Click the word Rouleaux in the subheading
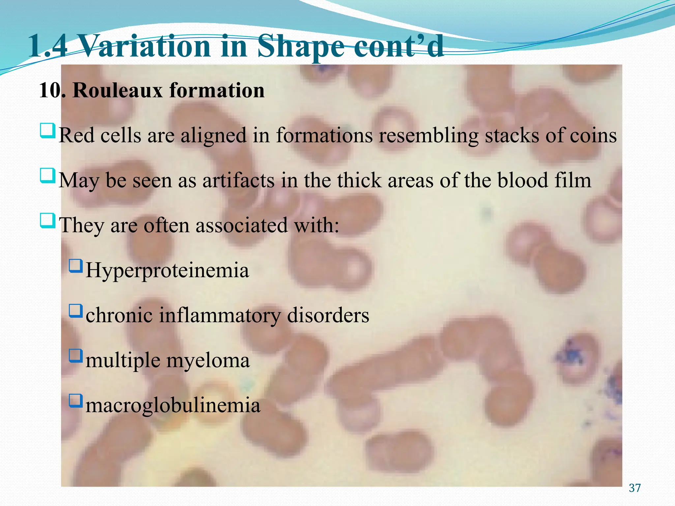tap(118, 90)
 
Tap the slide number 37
tap(635, 488)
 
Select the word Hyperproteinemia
tap(167, 271)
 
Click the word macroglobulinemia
tap(173, 406)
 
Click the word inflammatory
tap(220, 316)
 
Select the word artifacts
tap(238, 181)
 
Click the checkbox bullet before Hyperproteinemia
tap(76, 266)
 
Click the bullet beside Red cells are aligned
tap(47, 131)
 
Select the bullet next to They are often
tap(47, 221)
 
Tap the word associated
tap(242, 226)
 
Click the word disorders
tap(328, 316)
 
